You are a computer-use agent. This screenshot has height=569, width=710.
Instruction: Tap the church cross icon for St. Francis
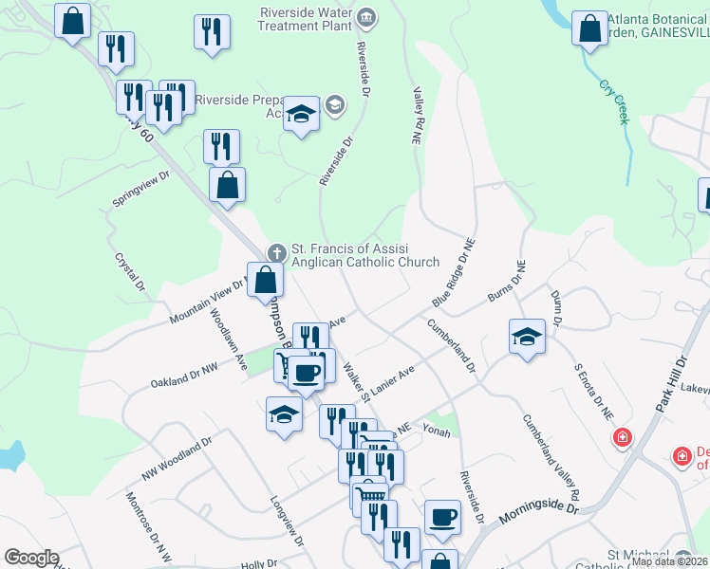click(x=276, y=253)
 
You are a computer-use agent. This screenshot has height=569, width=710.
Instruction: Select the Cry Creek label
click(x=614, y=101)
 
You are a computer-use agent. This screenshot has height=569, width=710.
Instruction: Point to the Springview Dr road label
click(x=140, y=190)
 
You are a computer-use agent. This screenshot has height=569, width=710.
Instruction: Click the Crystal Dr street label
click(x=130, y=271)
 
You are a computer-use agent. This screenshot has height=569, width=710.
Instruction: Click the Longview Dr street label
click(x=286, y=522)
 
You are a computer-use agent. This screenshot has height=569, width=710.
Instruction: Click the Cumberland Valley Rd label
click(x=551, y=457)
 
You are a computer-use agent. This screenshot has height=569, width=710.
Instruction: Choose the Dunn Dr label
click(x=556, y=308)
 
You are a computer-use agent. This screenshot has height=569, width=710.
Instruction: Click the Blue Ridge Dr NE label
click(x=453, y=271)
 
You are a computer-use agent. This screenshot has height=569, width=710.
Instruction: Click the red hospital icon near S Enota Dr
click(x=622, y=438)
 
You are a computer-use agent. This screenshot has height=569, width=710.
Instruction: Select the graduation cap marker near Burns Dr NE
click(x=527, y=337)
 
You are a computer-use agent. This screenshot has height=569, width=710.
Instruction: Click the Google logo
click(x=31, y=558)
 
